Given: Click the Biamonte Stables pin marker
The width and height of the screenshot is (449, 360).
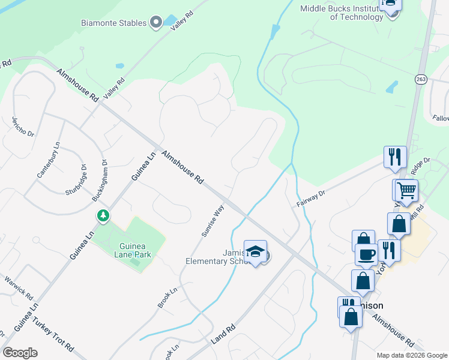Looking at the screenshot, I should pyautogui.click(x=156, y=23).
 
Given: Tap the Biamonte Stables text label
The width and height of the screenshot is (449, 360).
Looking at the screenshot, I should pyautogui.click(x=114, y=23).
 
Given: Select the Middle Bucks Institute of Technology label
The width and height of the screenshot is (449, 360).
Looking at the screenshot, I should pyautogui.click(x=342, y=12).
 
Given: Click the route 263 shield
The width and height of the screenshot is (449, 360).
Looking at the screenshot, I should pyautogui.click(x=420, y=79).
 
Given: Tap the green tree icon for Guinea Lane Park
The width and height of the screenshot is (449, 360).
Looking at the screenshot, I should pyautogui.click(x=103, y=215).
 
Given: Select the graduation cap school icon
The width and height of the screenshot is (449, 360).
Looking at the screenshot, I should pyautogui.click(x=255, y=251).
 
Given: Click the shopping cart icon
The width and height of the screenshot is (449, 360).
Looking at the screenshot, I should pyautogui.click(x=406, y=190).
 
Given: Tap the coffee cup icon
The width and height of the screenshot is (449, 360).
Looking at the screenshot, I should pyautogui.click(x=366, y=254).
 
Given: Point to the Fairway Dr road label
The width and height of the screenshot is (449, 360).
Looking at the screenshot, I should pyautogui.click(x=310, y=199).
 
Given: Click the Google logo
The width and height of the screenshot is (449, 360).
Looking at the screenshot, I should pyautogui.click(x=20, y=352).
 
